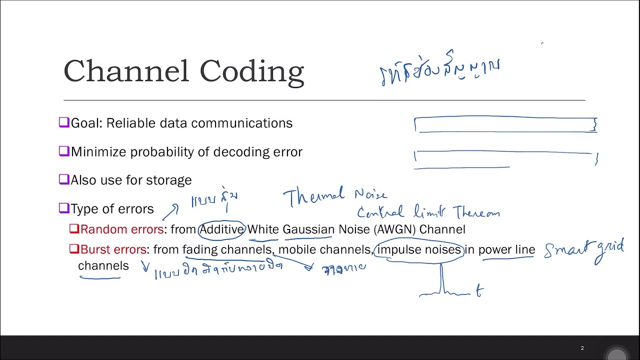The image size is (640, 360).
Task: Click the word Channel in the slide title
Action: [126, 71]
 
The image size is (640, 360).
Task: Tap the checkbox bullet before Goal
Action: [63, 122]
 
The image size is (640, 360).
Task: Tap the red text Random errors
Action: [121, 229]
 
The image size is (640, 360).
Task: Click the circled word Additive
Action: [221, 229]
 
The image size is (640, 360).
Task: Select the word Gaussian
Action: [308, 229]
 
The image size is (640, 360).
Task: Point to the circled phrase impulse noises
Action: [418, 249]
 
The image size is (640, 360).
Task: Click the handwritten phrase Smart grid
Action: [584, 249]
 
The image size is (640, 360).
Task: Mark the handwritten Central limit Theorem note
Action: [428, 212]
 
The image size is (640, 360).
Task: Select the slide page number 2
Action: [582, 348]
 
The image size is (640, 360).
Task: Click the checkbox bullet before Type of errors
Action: [63, 208]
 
